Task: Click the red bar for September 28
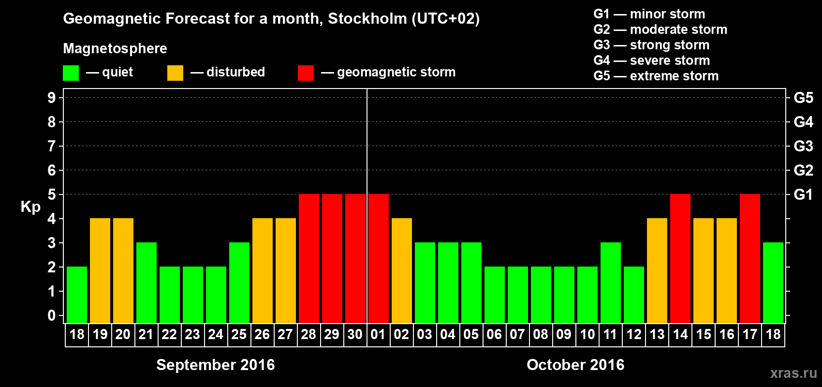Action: tap(308, 258)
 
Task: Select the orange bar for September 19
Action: tap(100, 270)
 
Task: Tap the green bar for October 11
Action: tap(610, 283)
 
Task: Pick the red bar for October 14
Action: tap(680, 258)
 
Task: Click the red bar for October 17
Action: tap(749, 258)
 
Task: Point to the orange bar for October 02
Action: tap(401, 270)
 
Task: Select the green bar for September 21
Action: tap(146, 283)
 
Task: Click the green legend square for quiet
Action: tap(71, 73)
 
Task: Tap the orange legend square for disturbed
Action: tap(175, 73)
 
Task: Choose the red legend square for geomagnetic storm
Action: tap(306, 73)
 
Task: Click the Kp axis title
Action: tap(30, 207)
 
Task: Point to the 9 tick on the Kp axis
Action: tap(52, 98)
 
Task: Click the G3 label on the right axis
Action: tap(803, 146)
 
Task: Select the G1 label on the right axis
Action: tap(803, 194)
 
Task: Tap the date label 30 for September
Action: tap(355, 335)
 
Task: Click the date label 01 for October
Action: tap(378, 335)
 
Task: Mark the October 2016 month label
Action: tap(575, 365)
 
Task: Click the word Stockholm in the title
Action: tap(367, 19)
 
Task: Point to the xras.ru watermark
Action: tap(793, 373)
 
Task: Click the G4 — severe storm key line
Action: tap(651, 60)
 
